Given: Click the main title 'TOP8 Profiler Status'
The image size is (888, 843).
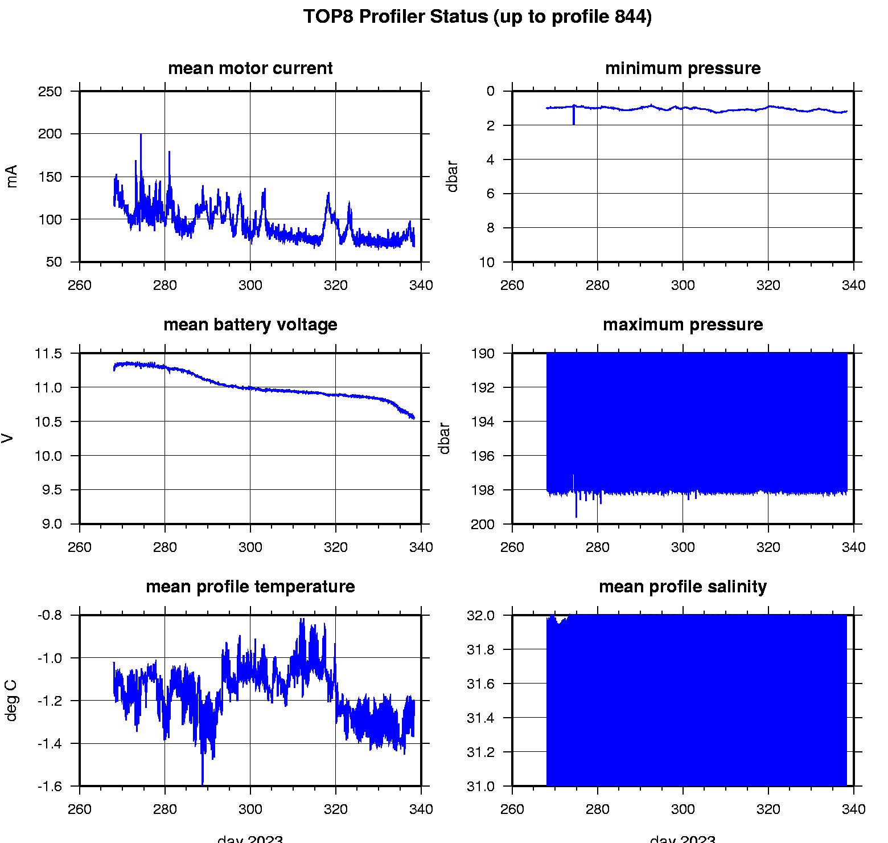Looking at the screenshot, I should click(x=477, y=17).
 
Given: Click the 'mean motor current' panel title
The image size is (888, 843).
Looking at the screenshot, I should click(x=250, y=68).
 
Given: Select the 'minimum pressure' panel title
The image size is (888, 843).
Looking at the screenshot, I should click(x=683, y=68).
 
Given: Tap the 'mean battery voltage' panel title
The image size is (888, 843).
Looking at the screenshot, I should click(x=250, y=325).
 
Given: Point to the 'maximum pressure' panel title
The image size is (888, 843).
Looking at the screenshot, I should click(x=683, y=325).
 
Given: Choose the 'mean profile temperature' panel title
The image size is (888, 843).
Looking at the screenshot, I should click(x=250, y=587).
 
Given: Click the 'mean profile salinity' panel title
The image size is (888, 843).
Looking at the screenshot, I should click(x=683, y=587).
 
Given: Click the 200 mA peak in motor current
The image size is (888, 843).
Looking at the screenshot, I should click(x=141, y=136).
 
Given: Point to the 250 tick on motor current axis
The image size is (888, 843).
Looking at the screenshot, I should click(x=50, y=92).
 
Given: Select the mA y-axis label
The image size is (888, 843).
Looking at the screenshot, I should click(x=12, y=176).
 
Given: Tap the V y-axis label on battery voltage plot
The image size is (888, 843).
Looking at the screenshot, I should click(x=8, y=438).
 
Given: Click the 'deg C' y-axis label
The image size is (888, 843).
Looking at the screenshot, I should click(x=12, y=701).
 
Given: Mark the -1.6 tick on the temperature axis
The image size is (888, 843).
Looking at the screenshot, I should click(x=50, y=787).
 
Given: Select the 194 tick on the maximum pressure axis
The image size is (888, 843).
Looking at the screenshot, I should click(x=483, y=422).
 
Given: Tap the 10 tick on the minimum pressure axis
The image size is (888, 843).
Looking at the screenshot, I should click(x=487, y=263).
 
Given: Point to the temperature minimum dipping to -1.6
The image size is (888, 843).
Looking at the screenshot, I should click(x=202, y=781).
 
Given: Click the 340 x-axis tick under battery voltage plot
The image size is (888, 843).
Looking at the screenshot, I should click(x=421, y=547).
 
